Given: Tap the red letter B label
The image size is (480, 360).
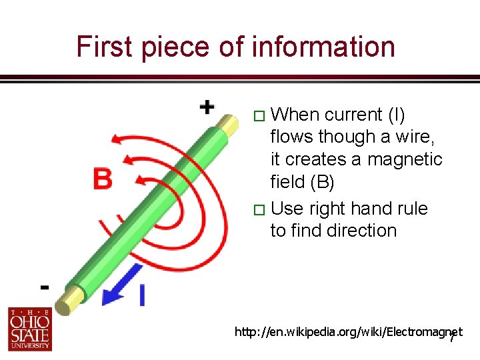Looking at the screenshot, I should click(x=102, y=179).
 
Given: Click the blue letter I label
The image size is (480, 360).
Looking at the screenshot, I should click(x=142, y=294).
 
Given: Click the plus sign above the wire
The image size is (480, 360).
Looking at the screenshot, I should click(x=207, y=107).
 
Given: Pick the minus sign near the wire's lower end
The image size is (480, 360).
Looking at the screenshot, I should click(x=44, y=287).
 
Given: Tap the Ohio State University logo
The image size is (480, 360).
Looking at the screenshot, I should click(x=30, y=329).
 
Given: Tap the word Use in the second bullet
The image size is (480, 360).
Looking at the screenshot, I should click(x=287, y=209).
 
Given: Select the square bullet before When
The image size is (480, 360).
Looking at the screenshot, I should click(x=261, y=116).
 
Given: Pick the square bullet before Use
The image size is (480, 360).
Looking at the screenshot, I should click(x=261, y=210).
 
